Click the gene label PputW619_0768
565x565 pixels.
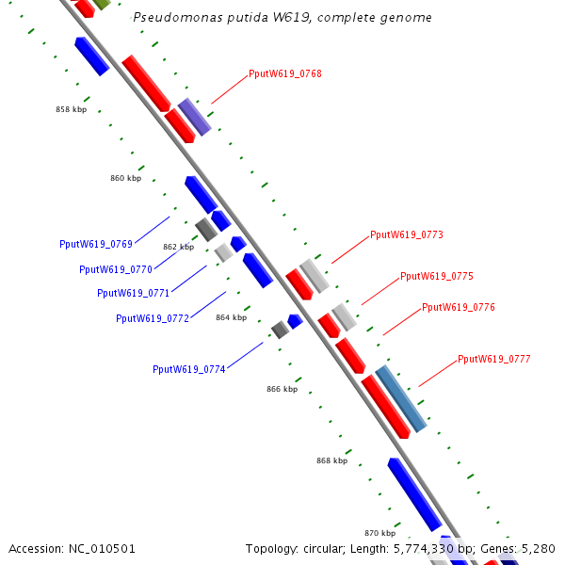285,73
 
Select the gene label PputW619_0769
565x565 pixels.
96,244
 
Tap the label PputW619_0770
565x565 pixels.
116,269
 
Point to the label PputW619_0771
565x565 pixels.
134,293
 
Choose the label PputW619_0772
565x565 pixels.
153,318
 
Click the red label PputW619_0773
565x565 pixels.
407,234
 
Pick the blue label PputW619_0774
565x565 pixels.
189,370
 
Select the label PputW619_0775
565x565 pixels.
437,276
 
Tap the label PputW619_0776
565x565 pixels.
459,307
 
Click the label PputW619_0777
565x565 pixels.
494,360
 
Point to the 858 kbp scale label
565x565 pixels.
72,109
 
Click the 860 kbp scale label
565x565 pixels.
126,178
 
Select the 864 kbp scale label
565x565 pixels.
232,318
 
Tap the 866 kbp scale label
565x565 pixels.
282,390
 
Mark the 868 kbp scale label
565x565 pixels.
331,460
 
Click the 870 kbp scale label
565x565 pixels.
379,533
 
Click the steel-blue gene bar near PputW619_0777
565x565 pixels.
401,398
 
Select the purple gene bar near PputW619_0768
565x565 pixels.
195,117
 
